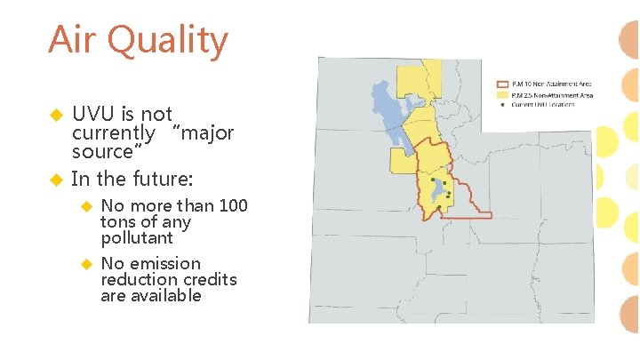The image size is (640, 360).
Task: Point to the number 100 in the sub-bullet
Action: click(x=233, y=205)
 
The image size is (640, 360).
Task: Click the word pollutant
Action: click(x=137, y=238)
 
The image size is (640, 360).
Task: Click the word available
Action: click(x=164, y=295)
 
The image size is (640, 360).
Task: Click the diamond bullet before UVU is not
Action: click(x=55, y=116)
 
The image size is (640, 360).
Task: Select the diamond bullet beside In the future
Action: click(x=55, y=180)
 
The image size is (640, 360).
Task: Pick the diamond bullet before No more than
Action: click(x=86, y=206)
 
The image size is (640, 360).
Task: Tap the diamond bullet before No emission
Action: click(x=86, y=264)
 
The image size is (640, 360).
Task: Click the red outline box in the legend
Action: click(x=502, y=84)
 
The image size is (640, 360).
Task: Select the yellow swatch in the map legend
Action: click(x=502, y=93)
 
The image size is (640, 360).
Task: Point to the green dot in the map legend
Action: click(x=502, y=104)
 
